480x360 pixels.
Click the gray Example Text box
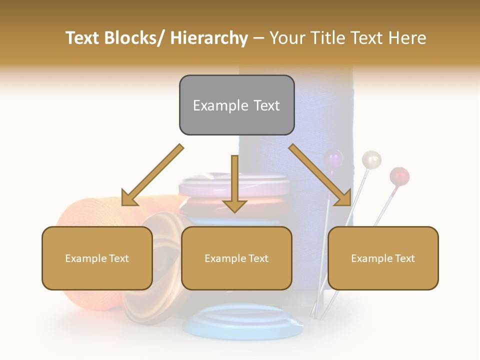point(236,105)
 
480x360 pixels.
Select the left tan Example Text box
point(97,258)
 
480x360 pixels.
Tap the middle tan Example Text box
point(236,258)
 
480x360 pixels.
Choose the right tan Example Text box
point(383,258)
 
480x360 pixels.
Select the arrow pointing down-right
point(319,175)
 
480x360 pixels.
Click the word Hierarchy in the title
point(209,38)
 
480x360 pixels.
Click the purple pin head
point(333,159)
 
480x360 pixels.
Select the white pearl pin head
point(371,159)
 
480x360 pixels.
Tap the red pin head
point(399,176)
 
